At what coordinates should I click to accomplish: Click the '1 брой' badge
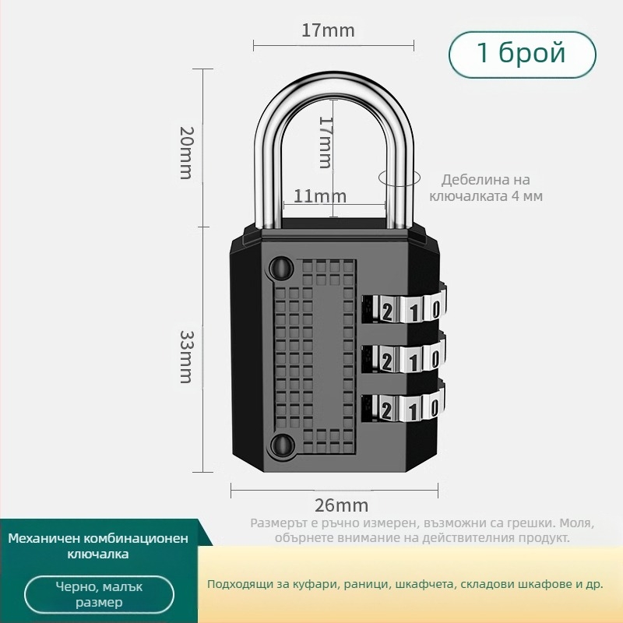pyautogui.click(x=522, y=54)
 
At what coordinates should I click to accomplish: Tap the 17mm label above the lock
pyautogui.click(x=328, y=31)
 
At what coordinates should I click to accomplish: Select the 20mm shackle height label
pyautogui.click(x=185, y=153)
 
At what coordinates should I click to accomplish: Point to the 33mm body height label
pyautogui.click(x=186, y=356)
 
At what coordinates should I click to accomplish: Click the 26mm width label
pyautogui.click(x=341, y=505)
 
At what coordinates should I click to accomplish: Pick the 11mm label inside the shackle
pyautogui.click(x=320, y=196)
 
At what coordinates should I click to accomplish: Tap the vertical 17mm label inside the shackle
pyautogui.click(x=326, y=142)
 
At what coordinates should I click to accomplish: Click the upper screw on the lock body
pyautogui.click(x=279, y=269)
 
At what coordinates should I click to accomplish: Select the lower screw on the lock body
pyautogui.click(x=279, y=446)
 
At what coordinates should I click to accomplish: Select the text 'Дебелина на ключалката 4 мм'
pyautogui.click(x=485, y=188)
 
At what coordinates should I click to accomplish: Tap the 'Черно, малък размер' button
pyautogui.click(x=99, y=595)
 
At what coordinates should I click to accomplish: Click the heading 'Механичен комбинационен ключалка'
pyautogui.click(x=98, y=547)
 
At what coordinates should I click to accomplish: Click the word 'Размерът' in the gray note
pyautogui.click(x=277, y=523)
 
